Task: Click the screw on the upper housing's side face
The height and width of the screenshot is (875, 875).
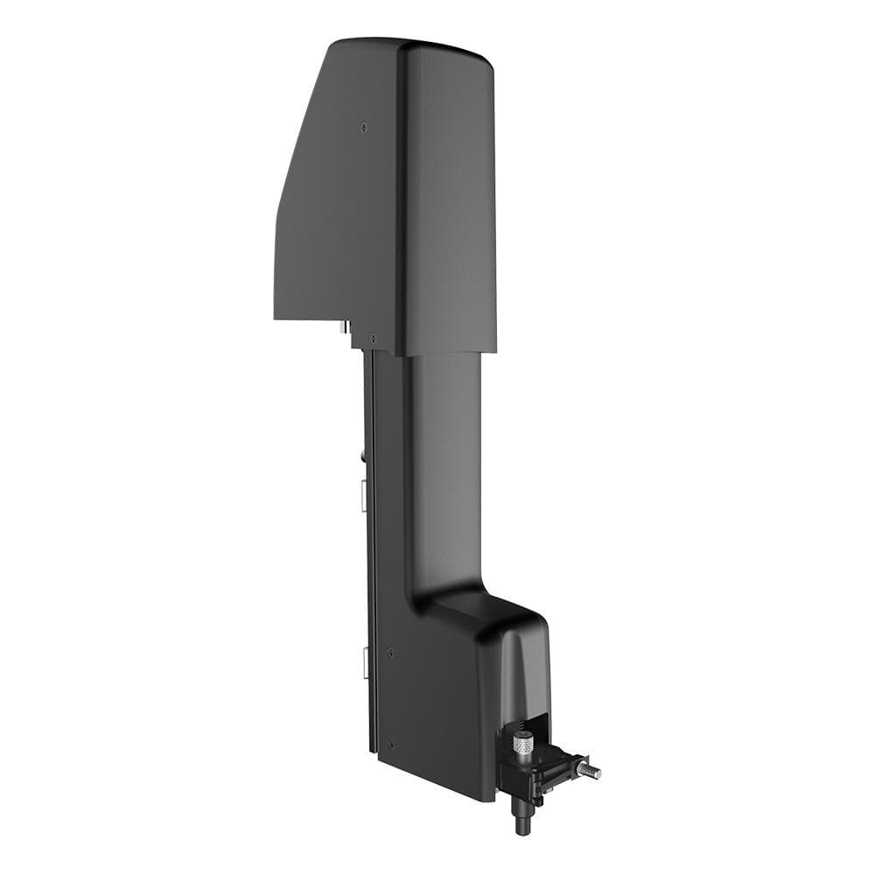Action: (x=364, y=127)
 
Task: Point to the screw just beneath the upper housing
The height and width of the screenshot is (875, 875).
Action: (x=374, y=338)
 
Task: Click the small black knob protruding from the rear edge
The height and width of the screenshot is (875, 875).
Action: (x=361, y=455)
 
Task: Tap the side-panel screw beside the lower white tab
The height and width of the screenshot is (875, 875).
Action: (x=389, y=652)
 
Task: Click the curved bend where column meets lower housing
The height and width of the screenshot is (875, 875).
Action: (x=420, y=595)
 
